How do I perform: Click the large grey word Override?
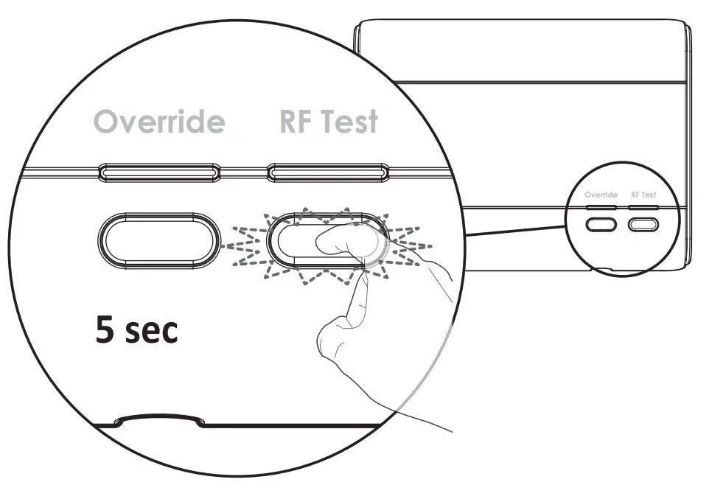click(160, 122)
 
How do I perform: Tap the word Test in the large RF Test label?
click(348, 122)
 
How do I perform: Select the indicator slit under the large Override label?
click(159, 173)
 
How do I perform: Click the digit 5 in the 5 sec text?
click(105, 330)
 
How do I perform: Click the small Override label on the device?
click(601, 195)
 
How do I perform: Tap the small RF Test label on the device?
click(643, 195)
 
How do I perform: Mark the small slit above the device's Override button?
click(601, 208)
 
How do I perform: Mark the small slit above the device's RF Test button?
click(643, 208)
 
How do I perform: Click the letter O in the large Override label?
click(109, 122)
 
